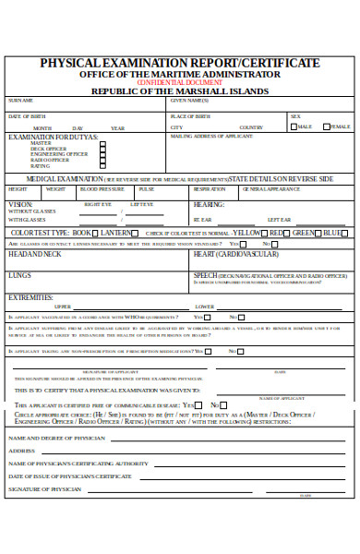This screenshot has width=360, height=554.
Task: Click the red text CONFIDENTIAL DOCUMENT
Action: tap(179, 82)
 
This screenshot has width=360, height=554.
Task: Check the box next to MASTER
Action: tap(102, 144)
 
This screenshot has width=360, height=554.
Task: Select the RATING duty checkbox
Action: tap(102, 166)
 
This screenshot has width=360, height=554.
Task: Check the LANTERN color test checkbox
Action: tap(136, 233)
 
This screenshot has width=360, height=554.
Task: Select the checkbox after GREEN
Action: tap(318, 233)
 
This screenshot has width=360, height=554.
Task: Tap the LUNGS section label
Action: tap(19, 274)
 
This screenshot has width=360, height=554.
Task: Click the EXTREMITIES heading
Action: tap(30, 297)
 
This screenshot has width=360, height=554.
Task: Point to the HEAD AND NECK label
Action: tap(34, 253)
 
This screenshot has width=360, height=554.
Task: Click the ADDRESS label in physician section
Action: tap(21, 450)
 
